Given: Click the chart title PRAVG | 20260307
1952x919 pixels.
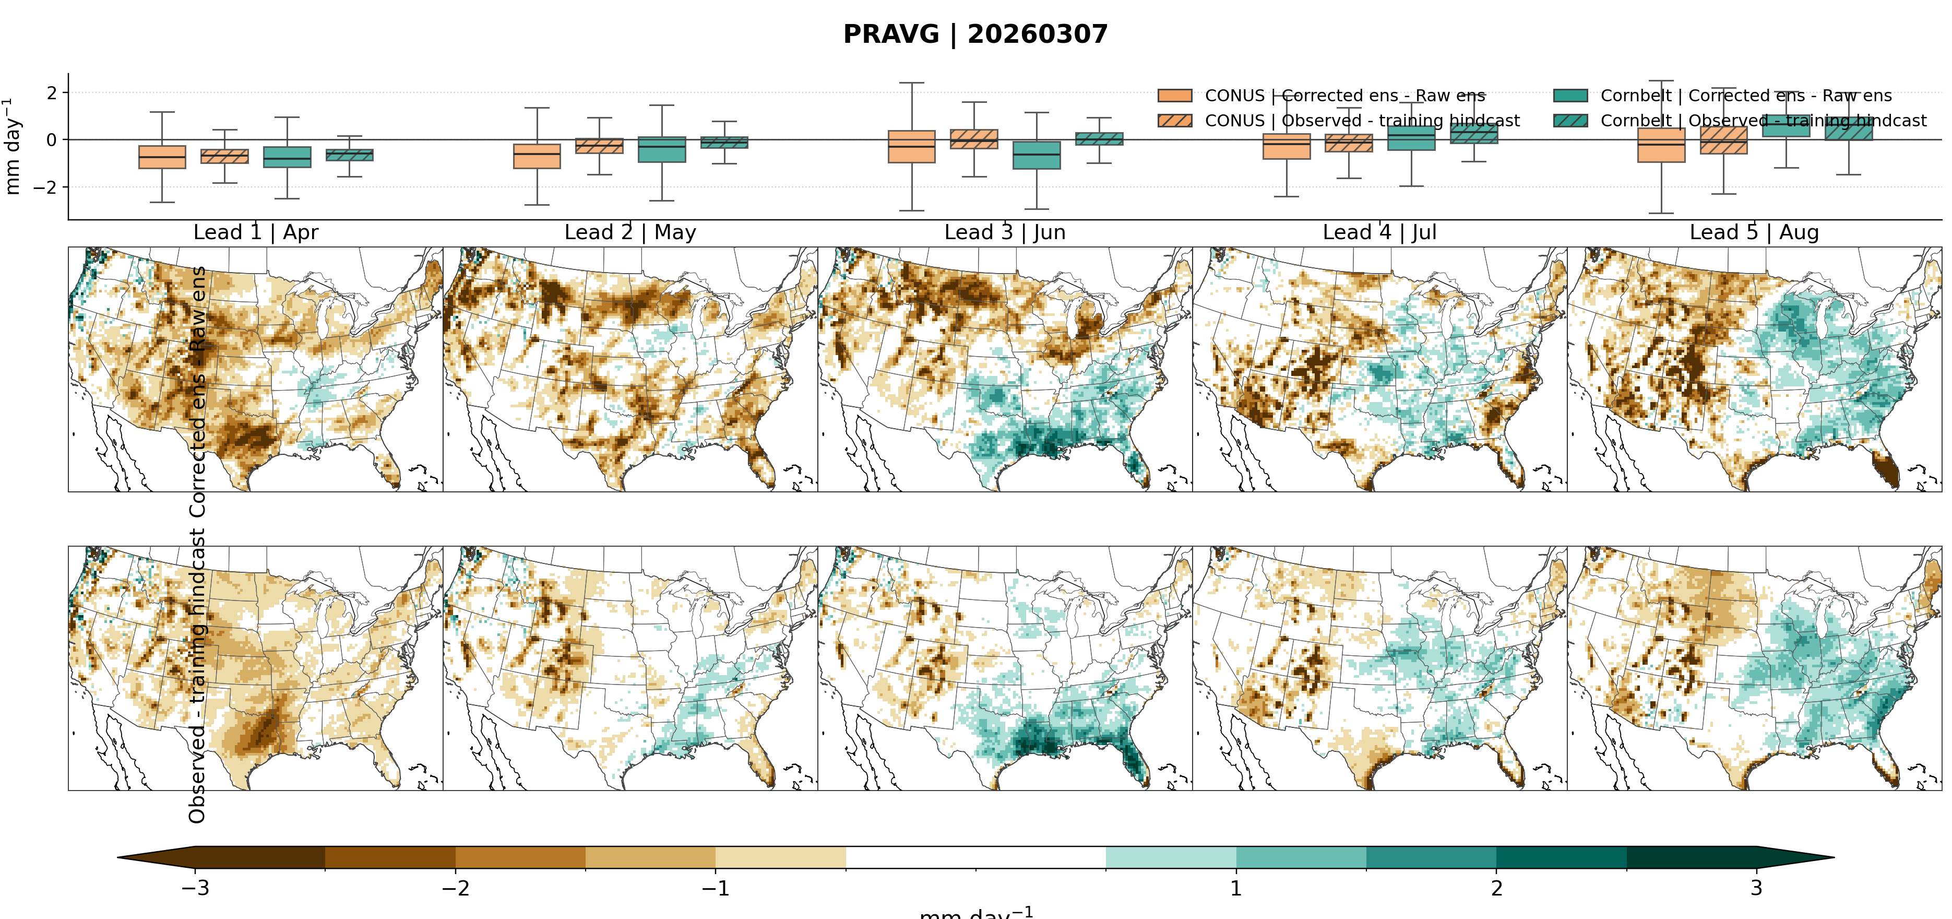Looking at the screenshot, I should coord(975,34).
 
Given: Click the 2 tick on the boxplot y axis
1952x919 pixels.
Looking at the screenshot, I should coord(52,93).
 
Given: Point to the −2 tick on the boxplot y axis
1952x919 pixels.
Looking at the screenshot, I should coord(45,187).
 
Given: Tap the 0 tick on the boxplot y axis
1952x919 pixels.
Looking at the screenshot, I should coord(52,140).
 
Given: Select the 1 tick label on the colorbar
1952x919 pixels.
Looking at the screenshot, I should coord(1236,888).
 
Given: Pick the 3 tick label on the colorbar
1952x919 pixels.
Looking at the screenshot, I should coord(1756,888).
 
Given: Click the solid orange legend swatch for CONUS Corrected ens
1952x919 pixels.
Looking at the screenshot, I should coord(1174,96).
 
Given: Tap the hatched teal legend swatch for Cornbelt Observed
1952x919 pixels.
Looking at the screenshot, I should coord(1570,121).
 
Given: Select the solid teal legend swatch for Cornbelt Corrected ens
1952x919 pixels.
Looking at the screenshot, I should coord(1570,96).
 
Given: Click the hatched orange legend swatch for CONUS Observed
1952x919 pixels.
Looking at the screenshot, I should coord(1174,121).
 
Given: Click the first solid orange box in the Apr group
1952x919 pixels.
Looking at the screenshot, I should coord(162,157).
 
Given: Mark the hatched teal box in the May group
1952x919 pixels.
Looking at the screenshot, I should coord(724,143).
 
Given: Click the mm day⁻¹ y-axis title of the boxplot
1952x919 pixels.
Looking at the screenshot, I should coord(12,146).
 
